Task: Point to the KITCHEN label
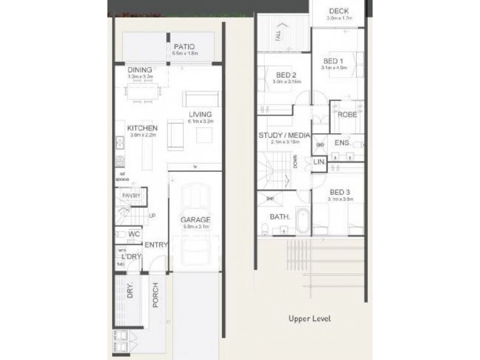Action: coord(142,128)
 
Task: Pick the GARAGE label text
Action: coord(196,220)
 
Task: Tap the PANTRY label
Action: coord(131,196)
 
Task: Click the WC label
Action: coord(134,234)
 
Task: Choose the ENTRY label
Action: coord(156,244)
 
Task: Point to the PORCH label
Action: coord(155,295)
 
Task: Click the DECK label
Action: coord(339,11)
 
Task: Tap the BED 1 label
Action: coord(333,61)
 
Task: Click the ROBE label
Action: coord(347,115)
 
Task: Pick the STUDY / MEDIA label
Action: coord(284,135)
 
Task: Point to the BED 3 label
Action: coord(339,192)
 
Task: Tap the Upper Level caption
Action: coord(310,319)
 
